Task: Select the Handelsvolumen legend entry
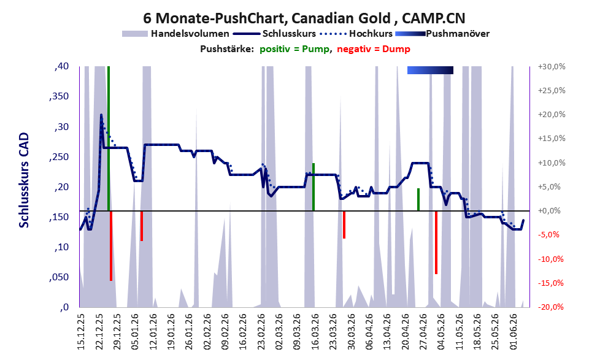pyautogui.click(x=175, y=34)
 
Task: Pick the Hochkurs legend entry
pyautogui.click(x=356, y=34)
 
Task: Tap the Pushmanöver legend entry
pyautogui.click(x=442, y=34)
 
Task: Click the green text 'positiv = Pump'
pyautogui.click(x=295, y=49)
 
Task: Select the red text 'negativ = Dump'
pyautogui.click(x=374, y=49)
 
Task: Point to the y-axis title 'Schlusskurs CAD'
pyautogui.click(x=24, y=180)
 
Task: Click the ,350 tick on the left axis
pyautogui.click(x=59, y=96)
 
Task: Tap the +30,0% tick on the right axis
pyautogui.click(x=552, y=67)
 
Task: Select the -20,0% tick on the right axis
pyautogui.click(x=550, y=307)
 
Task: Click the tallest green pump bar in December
pyautogui.click(x=109, y=139)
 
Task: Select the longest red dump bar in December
pyautogui.click(x=111, y=246)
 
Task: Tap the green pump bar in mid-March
pyautogui.click(x=314, y=187)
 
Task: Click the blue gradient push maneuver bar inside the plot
pyautogui.click(x=430, y=70)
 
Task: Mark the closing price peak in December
pyautogui.click(x=101, y=115)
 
